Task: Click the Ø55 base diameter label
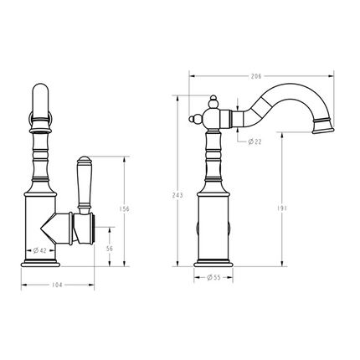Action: click(x=212, y=277)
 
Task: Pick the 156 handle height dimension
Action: click(x=124, y=210)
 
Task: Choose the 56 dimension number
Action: click(x=111, y=249)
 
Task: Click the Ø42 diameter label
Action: click(x=40, y=249)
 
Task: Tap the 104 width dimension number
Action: click(x=57, y=286)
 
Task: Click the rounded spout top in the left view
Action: click(x=41, y=92)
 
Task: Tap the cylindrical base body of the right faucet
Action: click(x=213, y=226)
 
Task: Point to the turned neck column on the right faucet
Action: click(x=213, y=159)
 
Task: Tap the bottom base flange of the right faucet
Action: click(x=213, y=264)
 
